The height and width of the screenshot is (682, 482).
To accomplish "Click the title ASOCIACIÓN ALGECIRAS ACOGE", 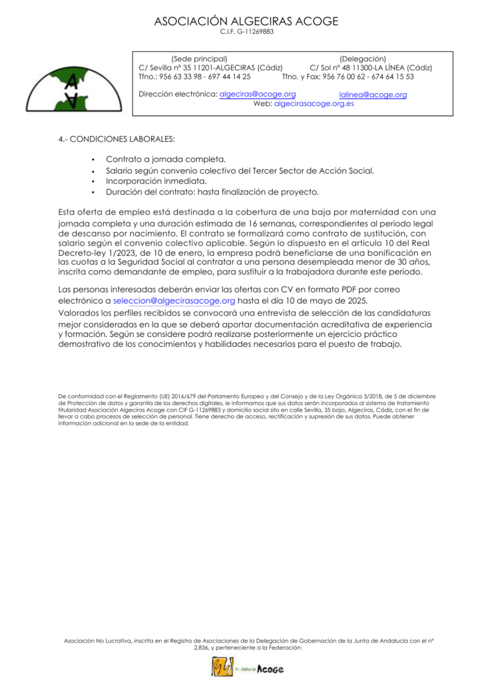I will pyautogui.click(x=246, y=21).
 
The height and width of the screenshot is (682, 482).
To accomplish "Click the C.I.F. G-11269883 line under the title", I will pyautogui.click(x=246, y=32).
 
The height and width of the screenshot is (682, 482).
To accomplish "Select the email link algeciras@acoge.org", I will pyautogui.click(x=258, y=95).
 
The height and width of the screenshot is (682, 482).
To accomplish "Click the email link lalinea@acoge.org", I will pyautogui.click(x=373, y=95).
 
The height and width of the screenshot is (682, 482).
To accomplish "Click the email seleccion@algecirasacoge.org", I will pyautogui.click(x=174, y=302).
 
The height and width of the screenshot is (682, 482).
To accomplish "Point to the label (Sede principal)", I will pyautogui.click(x=199, y=59).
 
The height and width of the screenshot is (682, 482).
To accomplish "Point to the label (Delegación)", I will pyautogui.click(x=362, y=59).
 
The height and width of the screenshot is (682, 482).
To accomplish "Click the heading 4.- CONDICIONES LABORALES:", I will pyautogui.click(x=117, y=140).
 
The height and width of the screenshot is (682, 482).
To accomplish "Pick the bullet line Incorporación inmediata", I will pyautogui.click(x=156, y=181).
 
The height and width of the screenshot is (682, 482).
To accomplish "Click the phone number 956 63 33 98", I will pyautogui.click(x=183, y=77).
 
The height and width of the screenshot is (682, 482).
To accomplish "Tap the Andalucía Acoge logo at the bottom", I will pyautogui.click(x=248, y=667).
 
